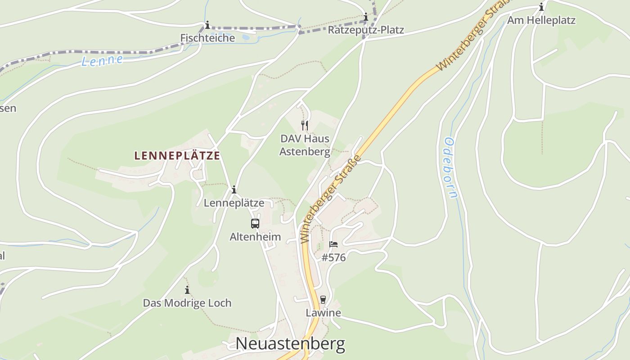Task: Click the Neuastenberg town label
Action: [x=290, y=344]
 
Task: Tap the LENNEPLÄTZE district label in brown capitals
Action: [x=177, y=156]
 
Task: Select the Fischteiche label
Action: [x=207, y=38]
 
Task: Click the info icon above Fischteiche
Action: [x=207, y=25]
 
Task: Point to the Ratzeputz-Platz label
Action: [x=366, y=30]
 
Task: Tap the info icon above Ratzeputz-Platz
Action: [x=366, y=18]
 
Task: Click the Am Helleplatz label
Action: [x=541, y=20]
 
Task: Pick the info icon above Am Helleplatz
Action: [x=541, y=7]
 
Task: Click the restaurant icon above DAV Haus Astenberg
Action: [x=305, y=125]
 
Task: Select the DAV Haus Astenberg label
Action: [x=305, y=145]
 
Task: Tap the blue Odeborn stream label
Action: [x=450, y=167]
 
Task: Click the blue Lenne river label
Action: [x=102, y=60]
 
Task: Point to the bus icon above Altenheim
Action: [x=255, y=223]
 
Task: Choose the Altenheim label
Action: [x=255, y=237]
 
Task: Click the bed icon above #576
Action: [x=333, y=244]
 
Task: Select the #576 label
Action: [x=333, y=258]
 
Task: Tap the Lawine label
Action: [x=323, y=313]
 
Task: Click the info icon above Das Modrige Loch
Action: [x=187, y=290]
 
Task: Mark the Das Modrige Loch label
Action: [x=187, y=303]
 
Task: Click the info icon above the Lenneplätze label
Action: [x=234, y=190]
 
